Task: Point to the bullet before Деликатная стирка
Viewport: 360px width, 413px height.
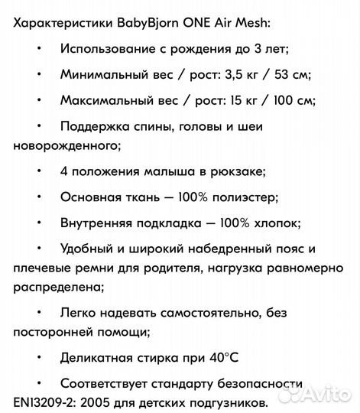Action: (40, 357)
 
